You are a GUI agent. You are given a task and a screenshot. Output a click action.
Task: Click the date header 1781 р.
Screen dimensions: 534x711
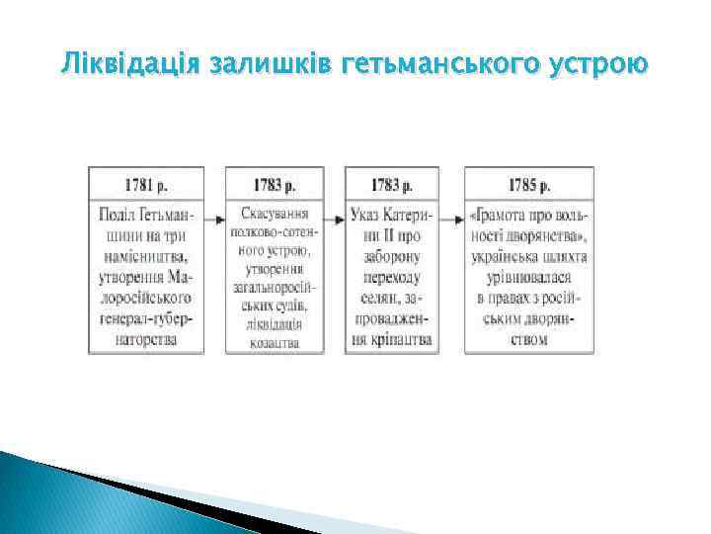(x=146, y=185)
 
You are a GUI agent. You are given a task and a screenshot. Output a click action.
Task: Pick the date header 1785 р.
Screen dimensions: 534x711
(x=529, y=185)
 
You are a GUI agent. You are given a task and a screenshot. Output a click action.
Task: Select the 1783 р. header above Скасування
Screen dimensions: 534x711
(x=275, y=185)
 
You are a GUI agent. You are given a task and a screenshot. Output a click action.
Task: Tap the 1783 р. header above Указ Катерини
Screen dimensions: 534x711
(x=392, y=185)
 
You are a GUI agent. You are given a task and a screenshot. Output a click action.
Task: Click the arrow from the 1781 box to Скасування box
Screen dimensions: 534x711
(x=214, y=216)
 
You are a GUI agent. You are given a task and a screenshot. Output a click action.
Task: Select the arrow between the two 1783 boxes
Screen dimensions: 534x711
(x=334, y=216)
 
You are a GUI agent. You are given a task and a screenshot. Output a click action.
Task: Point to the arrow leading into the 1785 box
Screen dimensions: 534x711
(x=452, y=216)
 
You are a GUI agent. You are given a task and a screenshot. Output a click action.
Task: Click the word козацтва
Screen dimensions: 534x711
(x=275, y=341)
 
